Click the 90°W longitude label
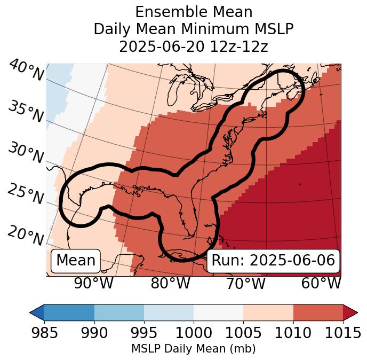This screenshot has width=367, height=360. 94,283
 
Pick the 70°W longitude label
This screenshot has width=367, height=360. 246,283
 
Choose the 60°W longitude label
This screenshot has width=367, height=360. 321,283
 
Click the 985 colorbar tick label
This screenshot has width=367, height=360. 44,333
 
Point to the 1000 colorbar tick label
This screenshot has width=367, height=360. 194,333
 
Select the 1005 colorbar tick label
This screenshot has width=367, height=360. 243,333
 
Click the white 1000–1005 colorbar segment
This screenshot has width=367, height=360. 218,312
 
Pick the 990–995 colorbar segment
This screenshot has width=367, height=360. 119,312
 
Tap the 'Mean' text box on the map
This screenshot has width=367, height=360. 76,261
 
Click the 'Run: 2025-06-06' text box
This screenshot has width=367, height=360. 273,261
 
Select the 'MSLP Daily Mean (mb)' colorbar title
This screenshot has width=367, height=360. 193,349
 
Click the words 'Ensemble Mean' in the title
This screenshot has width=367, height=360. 194,12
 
